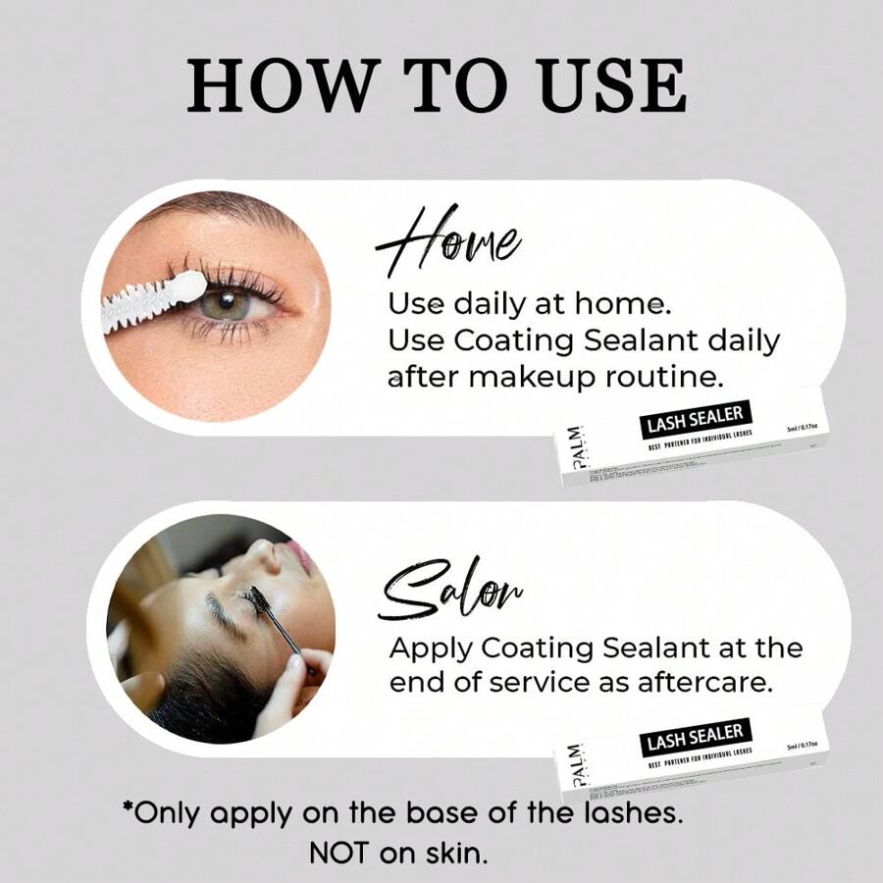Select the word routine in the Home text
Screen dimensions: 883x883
pyautogui.click(x=691, y=376)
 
